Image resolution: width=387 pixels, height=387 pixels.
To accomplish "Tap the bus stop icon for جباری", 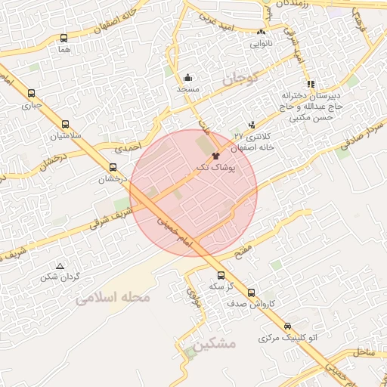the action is point(31,94).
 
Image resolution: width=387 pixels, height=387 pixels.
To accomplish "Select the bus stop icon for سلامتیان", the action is point(65,124).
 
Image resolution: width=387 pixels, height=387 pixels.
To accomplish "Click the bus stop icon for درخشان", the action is point(113,168).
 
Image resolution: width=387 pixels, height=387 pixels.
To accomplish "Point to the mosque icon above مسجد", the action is point(187,77).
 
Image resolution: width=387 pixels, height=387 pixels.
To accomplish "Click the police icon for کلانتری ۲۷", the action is point(252,124).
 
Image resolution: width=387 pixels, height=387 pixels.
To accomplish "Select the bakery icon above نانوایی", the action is point(262,32).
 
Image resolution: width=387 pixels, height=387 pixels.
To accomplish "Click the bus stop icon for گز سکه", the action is point(221,276).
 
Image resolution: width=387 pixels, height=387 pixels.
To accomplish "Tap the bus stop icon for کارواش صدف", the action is point(252,293).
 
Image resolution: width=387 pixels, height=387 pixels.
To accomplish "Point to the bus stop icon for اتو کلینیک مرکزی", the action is point(286,327).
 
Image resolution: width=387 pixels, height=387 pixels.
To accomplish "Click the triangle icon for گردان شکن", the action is point(60,265).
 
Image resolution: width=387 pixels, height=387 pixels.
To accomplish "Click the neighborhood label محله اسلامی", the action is point(113,297).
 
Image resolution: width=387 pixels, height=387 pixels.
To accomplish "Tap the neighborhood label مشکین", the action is point(215,343).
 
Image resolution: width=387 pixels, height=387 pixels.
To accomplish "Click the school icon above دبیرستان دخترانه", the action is point(310,84).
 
